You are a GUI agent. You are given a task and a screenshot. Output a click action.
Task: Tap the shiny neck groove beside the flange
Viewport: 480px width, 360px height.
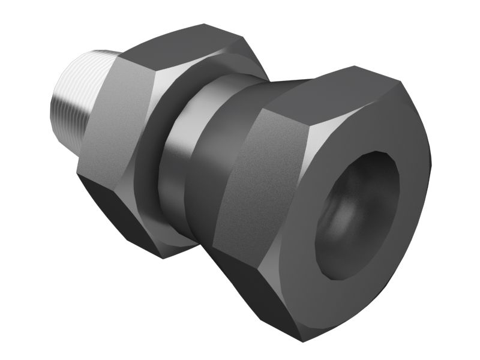(x=180, y=156)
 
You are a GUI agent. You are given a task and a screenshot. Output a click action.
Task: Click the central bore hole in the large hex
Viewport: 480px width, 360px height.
(x=360, y=210)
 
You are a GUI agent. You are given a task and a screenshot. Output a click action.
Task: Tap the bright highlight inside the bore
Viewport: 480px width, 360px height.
(x=345, y=216)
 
